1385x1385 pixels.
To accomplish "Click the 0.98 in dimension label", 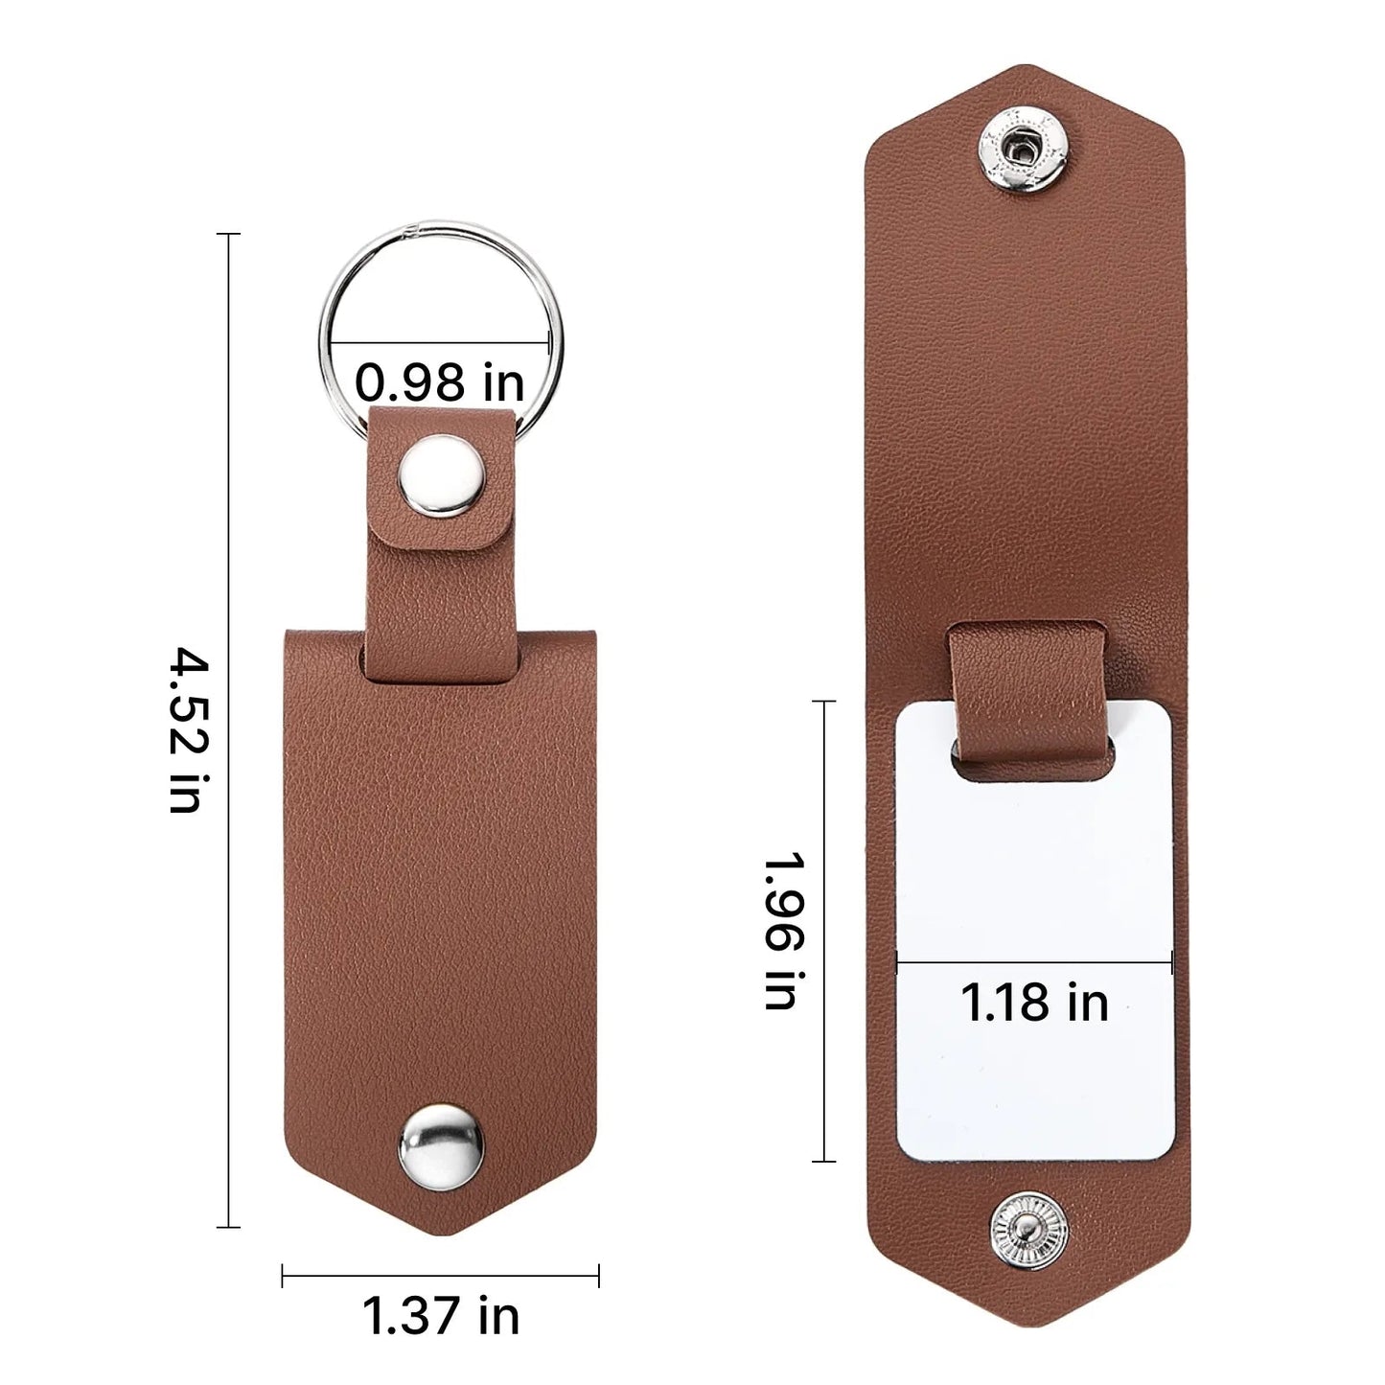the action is coord(439,382).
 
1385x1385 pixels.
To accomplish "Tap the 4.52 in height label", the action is coord(189,730).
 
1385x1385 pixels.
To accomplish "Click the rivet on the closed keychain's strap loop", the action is coord(442,475).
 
